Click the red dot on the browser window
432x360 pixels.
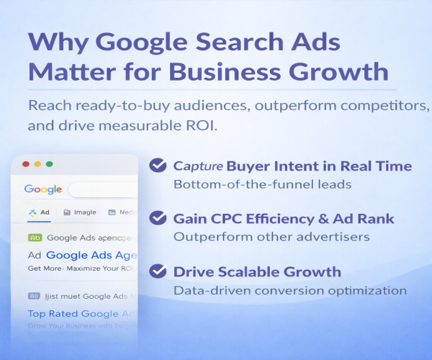pos(26,164)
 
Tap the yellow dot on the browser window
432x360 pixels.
pos(37,164)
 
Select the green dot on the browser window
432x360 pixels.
pos(49,164)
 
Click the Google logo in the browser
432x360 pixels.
pos(42,189)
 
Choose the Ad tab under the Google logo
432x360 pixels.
pos(39,212)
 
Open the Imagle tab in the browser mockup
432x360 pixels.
pos(80,212)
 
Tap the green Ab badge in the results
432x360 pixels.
pos(35,237)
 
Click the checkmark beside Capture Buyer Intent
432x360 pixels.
pos(158,166)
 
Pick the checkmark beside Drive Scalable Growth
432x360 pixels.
pos(158,271)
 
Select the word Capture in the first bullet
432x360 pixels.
pos(198,166)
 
